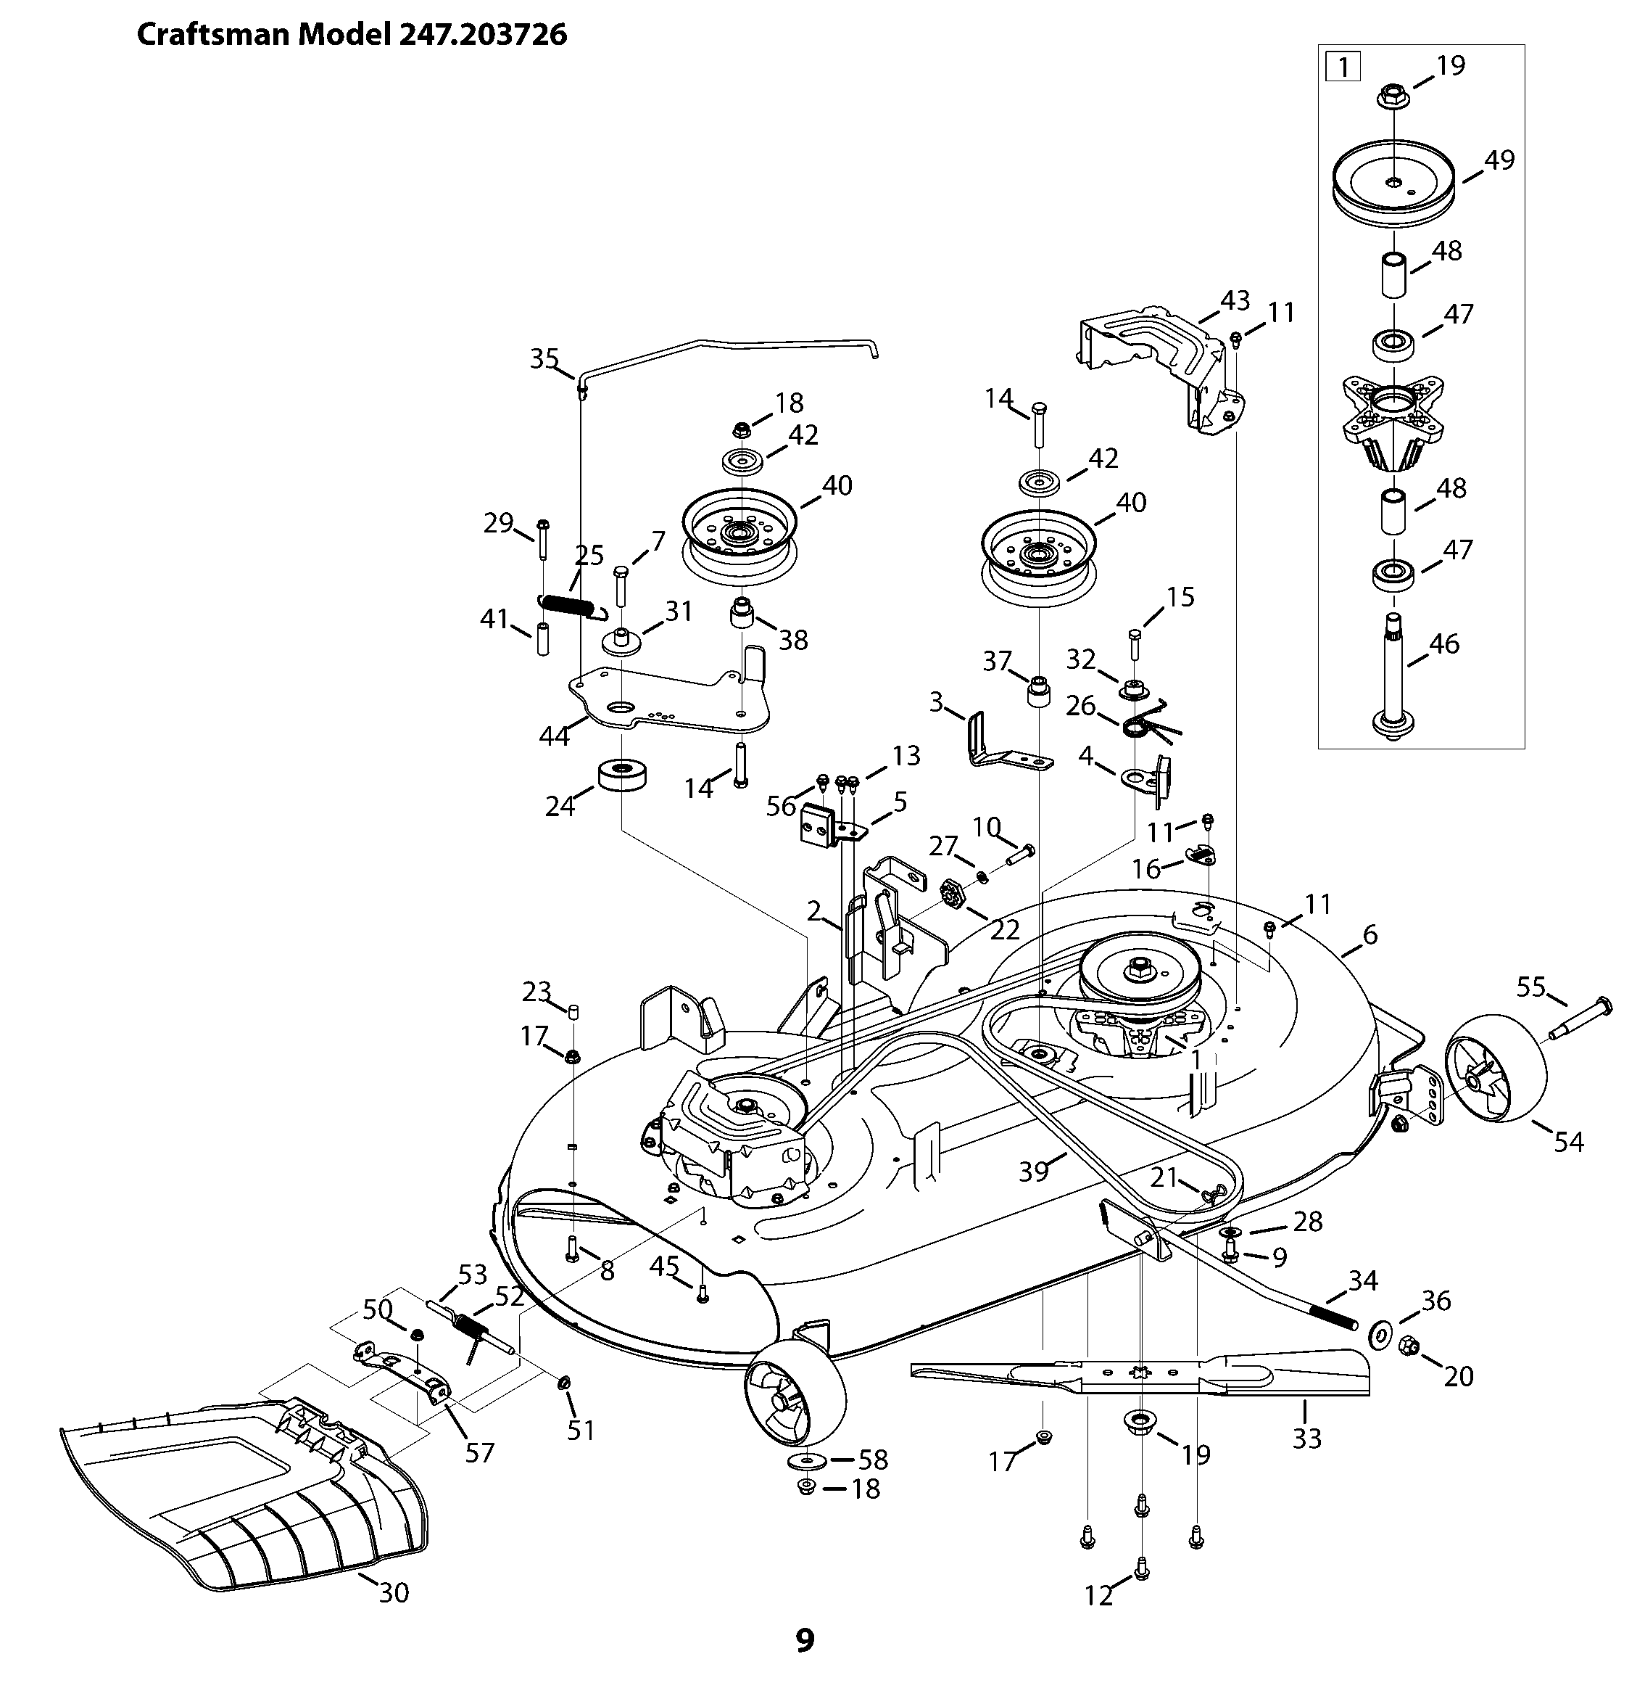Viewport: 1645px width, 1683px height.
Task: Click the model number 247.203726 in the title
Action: click(x=483, y=35)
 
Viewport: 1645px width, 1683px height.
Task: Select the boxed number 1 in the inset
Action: click(x=1343, y=67)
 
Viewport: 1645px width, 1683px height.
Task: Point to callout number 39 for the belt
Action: click(x=1033, y=1172)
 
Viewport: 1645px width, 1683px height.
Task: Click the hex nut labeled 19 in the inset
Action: click(x=1393, y=96)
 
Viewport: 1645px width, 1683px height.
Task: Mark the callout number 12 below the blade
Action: click(x=1098, y=1596)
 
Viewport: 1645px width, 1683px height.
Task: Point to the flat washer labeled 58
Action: click(x=806, y=1460)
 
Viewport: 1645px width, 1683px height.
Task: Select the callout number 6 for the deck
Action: click(x=1370, y=934)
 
